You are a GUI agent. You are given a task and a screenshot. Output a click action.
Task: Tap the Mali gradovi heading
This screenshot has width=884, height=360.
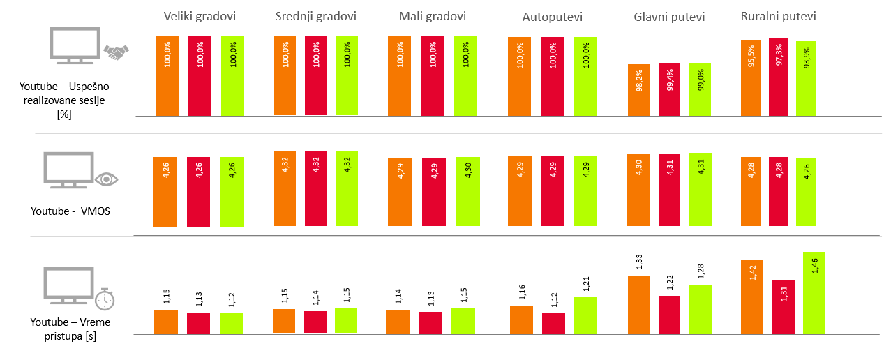[x=433, y=16]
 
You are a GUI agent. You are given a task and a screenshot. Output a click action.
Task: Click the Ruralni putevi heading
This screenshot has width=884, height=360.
[x=778, y=16]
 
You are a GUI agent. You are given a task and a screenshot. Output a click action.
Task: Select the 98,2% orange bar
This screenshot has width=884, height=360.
[x=639, y=90]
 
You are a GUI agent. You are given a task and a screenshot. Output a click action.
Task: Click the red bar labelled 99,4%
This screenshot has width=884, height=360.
[x=669, y=89]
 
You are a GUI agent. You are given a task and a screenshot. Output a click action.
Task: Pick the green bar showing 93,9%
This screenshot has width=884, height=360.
[x=806, y=78]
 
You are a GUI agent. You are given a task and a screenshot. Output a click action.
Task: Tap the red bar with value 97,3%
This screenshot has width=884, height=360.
[x=778, y=77]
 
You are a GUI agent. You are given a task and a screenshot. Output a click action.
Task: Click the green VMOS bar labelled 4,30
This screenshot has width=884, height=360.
[x=467, y=192]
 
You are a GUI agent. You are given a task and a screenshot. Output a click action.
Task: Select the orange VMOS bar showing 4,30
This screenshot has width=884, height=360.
[x=639, y=190]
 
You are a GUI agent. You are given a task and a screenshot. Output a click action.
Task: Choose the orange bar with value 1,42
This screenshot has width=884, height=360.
[x=751, y=297]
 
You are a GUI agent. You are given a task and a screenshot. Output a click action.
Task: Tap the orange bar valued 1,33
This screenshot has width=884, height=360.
[x=639, y=305]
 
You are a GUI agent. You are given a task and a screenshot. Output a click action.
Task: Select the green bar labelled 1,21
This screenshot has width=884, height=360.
[x=585, y=316]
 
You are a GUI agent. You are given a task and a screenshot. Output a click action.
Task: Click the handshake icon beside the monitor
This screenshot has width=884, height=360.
[x=116, y=52]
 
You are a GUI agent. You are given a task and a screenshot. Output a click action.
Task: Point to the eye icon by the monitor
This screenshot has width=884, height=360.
[x=105, y=179]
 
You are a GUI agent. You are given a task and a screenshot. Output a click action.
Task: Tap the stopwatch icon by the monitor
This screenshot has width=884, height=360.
[x=105, y=299]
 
